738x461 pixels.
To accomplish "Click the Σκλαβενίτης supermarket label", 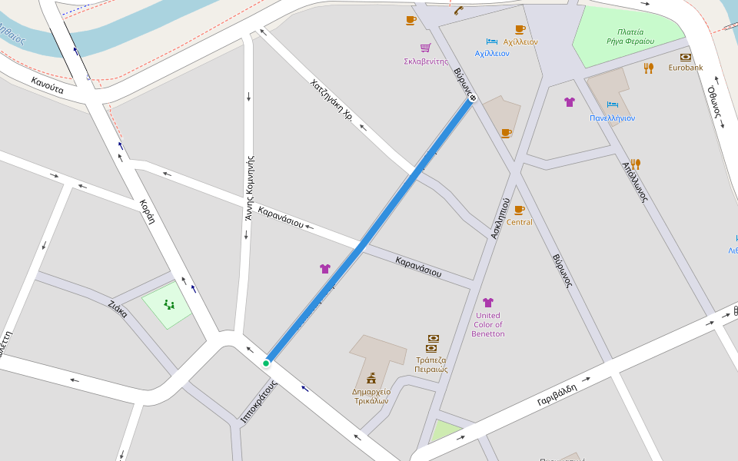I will coord(425,61).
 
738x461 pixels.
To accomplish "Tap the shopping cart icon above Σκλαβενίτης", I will coord(425,48).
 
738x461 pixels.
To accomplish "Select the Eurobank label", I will coord(685,68).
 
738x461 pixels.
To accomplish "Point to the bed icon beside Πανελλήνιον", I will coord(612,104).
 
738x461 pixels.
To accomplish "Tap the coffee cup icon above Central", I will coord(519,209).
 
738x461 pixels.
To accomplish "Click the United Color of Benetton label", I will coord(487,324).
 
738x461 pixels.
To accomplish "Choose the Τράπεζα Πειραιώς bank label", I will coord(431,364).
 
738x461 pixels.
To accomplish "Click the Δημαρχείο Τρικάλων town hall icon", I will coord(371,378).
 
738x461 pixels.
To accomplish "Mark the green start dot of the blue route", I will coord(266,363).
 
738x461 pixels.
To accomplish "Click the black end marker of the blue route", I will coord(473,98).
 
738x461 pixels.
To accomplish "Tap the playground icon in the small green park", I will coord(168,305).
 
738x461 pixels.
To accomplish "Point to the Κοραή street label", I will coord(147,211).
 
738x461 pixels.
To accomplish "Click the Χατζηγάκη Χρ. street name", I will coord(331,100).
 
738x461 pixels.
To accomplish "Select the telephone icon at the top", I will coord(458,11).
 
